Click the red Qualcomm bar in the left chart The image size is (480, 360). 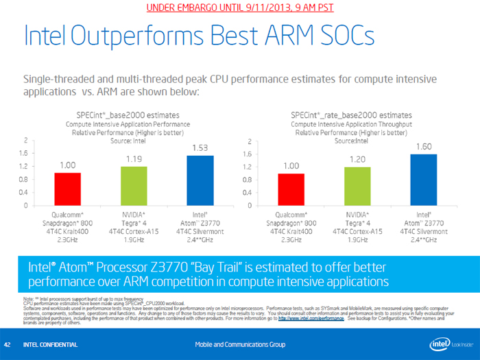(68, 189)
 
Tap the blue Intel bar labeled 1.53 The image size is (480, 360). (200, 180)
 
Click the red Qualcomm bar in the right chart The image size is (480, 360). (291, 189)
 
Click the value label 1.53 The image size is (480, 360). (200, 147)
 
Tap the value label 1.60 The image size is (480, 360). (423, 146)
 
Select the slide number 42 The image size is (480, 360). (8, 344)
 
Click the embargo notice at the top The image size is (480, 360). (240, 8)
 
